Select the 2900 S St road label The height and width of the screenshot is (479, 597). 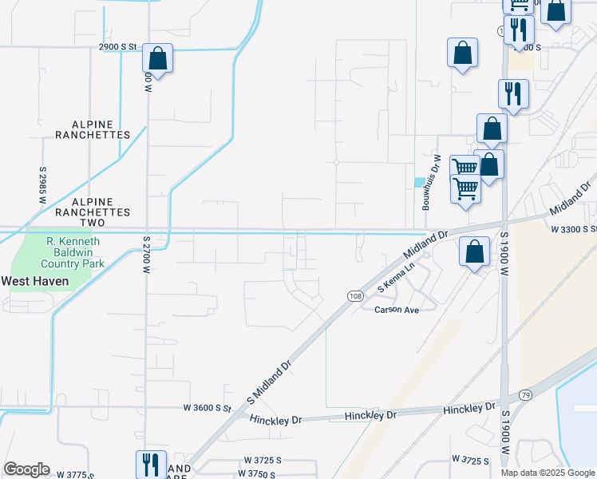tap(120, 47)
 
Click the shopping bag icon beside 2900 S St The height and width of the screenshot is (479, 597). tap(158, 58)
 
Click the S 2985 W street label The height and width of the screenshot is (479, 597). tap(42, 185)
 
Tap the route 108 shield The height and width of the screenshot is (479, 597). tap(354, 296)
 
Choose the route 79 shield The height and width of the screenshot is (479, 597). tap(524, 395)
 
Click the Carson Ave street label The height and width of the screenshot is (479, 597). tap(397, 310)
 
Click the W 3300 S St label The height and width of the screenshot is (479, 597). tap(573, 229)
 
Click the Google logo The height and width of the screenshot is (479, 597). tap(26, 469)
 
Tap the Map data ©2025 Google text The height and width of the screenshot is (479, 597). tap(547, 473)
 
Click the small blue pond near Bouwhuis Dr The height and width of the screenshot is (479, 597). tap(420, 182)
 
